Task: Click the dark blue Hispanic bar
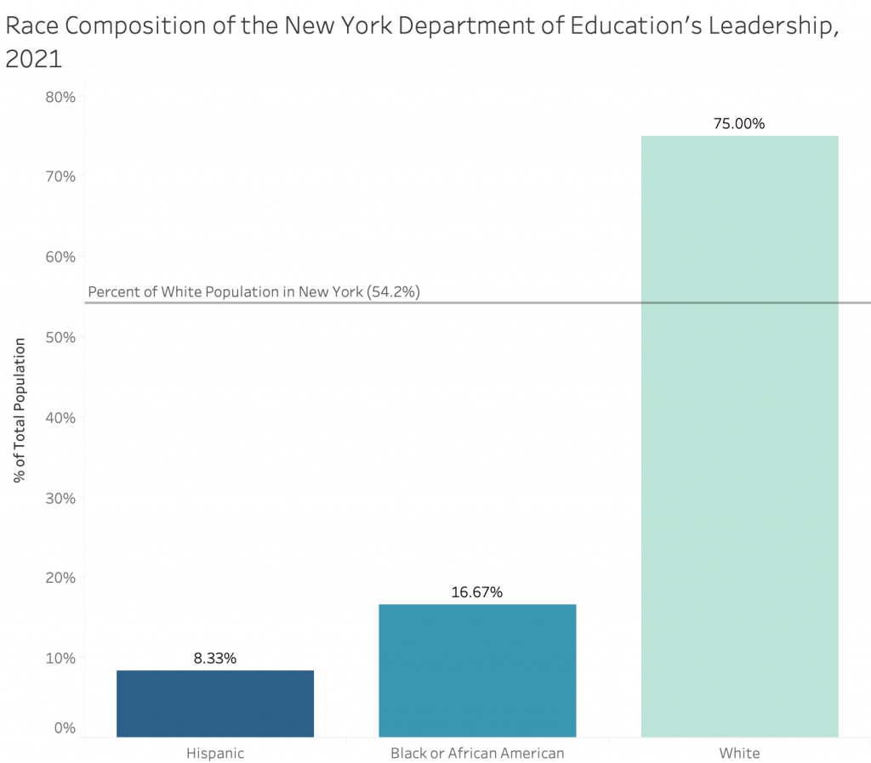coord(215,704)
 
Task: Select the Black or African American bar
coord(477,670)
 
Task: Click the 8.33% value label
coord(214,658)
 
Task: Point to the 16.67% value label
coord(477,592)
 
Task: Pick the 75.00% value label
coord(739,123)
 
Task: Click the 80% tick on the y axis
coord(60,97)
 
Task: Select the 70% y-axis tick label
coord(60,177)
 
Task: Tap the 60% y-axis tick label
coord(60,257)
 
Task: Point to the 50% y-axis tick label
coord(60,337)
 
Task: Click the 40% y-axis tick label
coord(60,417)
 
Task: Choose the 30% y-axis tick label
coord(60,498)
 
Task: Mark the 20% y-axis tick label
coord(60,578)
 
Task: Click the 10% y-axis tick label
coord(60,658)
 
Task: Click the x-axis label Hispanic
coord(215,753)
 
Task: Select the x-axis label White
coord(739,753)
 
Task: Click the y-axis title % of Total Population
coord(19,410)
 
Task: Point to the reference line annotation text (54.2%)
coord(254,292)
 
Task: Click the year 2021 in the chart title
coord(34,60)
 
